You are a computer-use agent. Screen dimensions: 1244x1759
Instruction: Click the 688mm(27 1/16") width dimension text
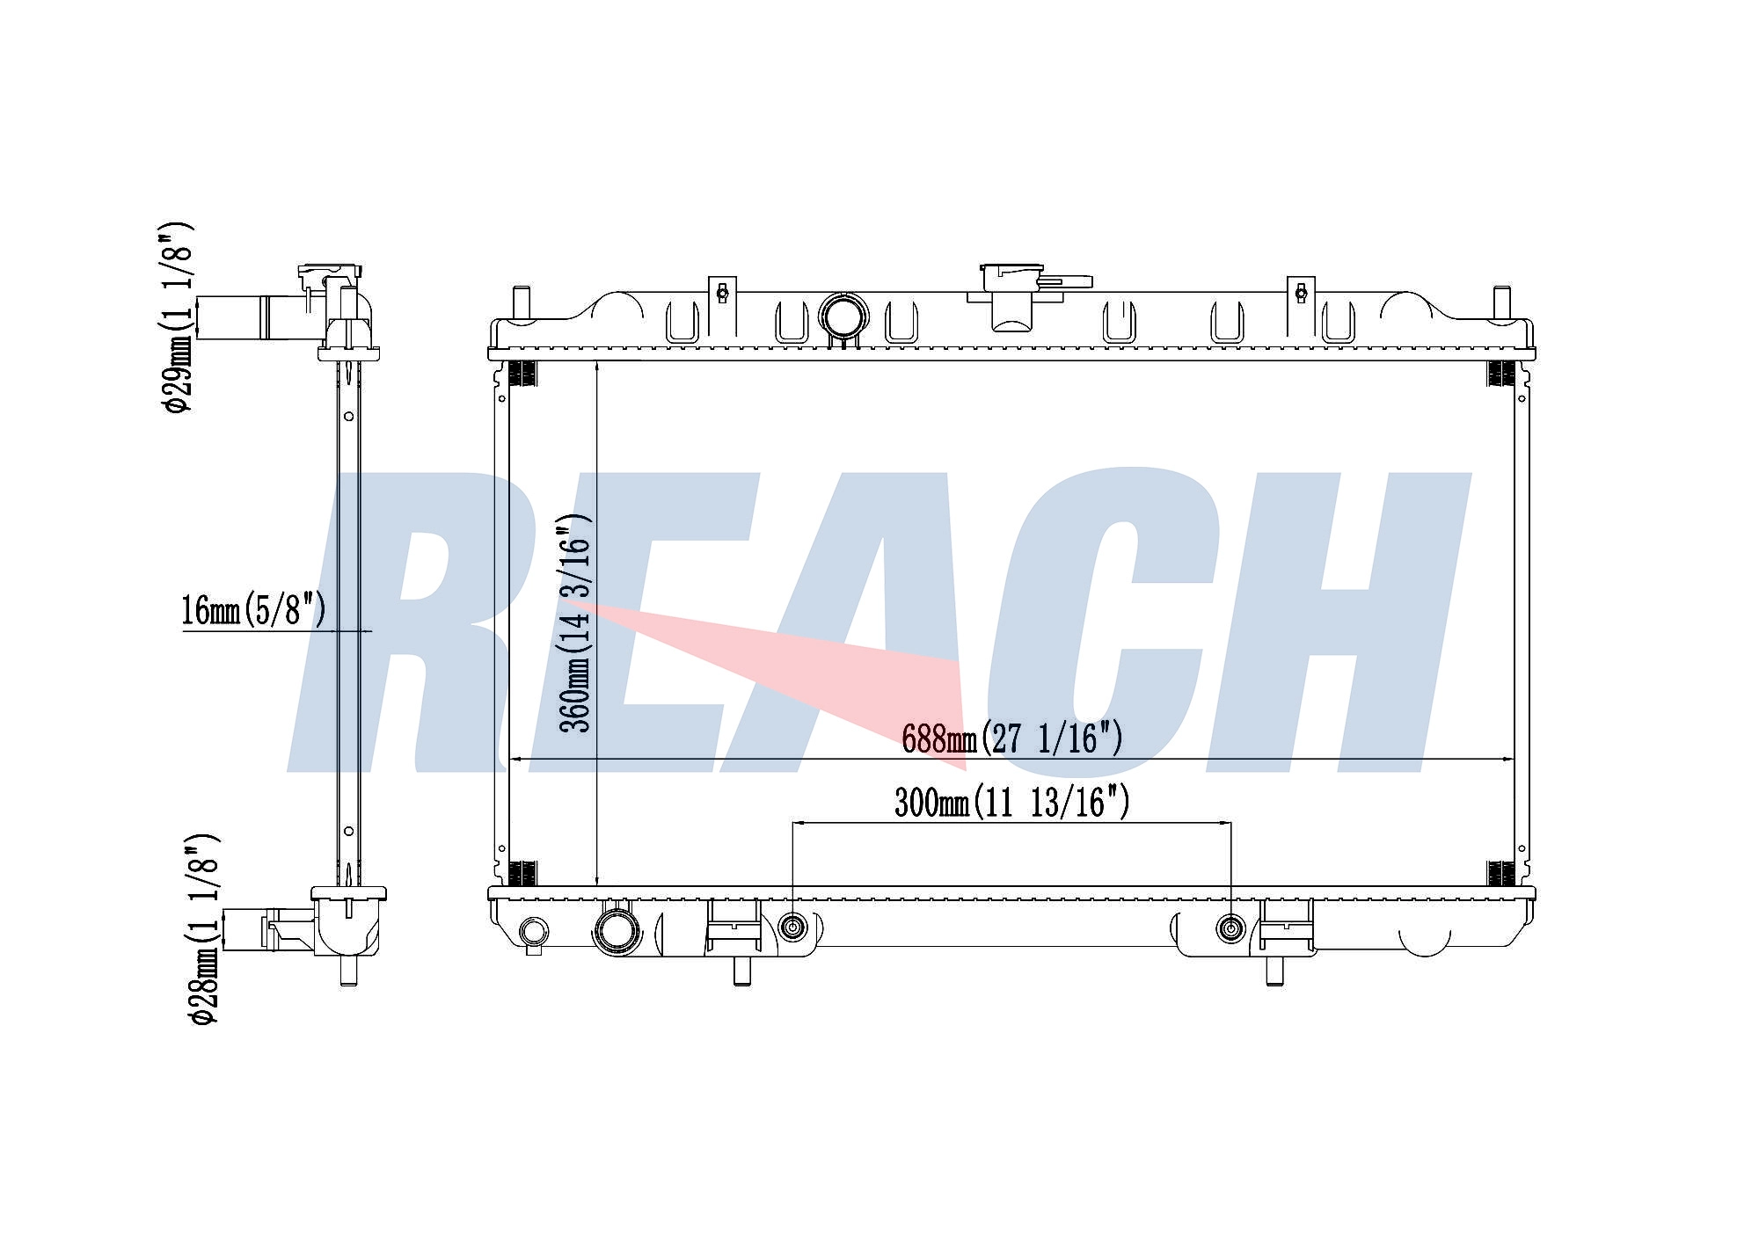coord(1011,738)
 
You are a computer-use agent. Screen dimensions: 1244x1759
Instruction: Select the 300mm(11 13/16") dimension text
coord(1011,802)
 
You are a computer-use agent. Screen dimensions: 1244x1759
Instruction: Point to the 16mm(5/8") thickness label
coord(253,609)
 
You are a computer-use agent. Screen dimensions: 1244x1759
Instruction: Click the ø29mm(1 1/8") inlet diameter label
coord(176,316)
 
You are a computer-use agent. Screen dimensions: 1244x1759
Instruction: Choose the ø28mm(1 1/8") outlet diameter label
coord(201,928)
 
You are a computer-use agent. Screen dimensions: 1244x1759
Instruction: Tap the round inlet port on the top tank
coord(843,316)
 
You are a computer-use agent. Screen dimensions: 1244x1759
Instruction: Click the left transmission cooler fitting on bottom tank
coord(793,928)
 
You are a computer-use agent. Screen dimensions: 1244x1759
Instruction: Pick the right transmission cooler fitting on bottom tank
coord(1229,928)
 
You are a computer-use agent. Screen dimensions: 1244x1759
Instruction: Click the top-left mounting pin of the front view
coord(521,304)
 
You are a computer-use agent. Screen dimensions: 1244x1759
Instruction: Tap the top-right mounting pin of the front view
coord(1502,303)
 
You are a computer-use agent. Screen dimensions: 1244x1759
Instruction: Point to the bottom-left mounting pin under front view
coord(741,971)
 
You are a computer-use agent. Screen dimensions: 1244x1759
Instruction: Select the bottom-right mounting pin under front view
coord(1273,971)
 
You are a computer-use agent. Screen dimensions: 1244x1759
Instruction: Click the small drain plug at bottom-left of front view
coord(534,932)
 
